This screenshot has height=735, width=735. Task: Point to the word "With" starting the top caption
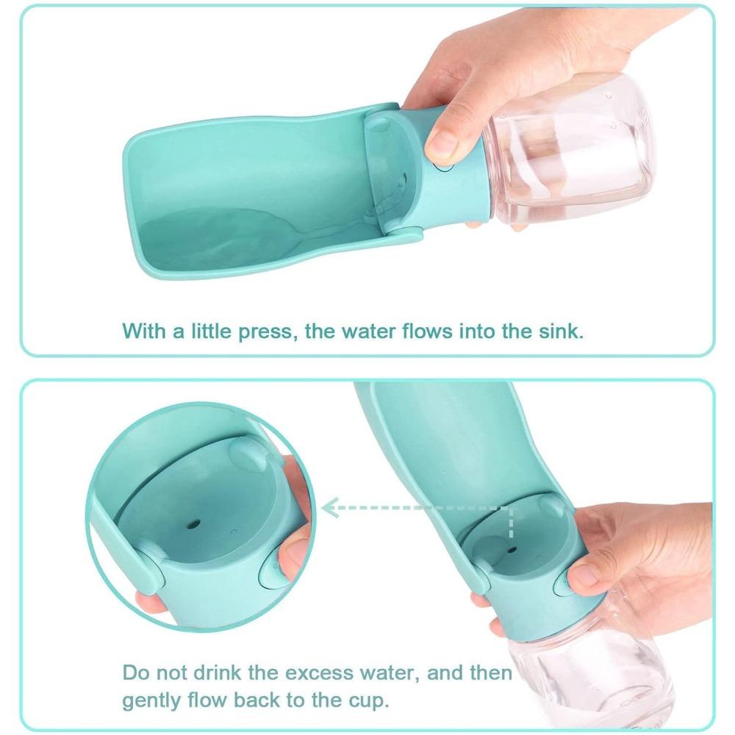[143, 330]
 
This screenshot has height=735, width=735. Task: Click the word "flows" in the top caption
[423, 330]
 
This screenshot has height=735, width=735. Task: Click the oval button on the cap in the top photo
[444, 166]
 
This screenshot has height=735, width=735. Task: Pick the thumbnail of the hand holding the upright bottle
[584, 575]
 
